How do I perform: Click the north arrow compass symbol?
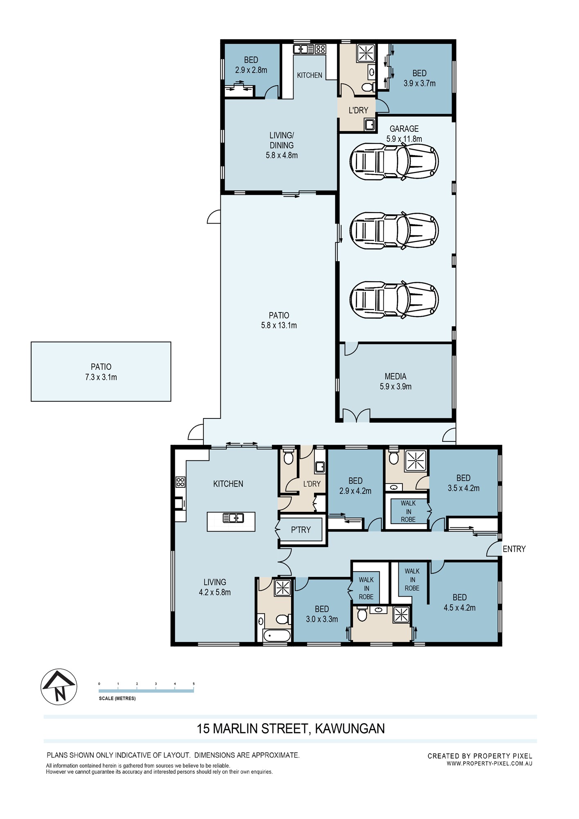59,687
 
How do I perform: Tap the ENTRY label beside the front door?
514,549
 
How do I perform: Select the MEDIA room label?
396,376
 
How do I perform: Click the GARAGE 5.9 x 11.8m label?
404,134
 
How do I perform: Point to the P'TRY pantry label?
301,530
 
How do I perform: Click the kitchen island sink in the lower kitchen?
233,518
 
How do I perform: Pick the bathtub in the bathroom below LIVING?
277,636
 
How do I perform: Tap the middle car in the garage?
394,231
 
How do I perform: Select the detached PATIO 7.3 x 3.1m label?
101,372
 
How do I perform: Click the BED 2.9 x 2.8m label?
251,65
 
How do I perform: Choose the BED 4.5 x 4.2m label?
459,603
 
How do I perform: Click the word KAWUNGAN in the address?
350,729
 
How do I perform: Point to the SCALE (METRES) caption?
117,698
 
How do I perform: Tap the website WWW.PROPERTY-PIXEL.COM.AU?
489,763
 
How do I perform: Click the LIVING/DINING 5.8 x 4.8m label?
282,145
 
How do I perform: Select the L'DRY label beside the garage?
358,110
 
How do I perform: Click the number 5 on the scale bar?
194,684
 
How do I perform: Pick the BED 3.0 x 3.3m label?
322,614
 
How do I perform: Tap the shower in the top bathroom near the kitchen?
366,53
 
